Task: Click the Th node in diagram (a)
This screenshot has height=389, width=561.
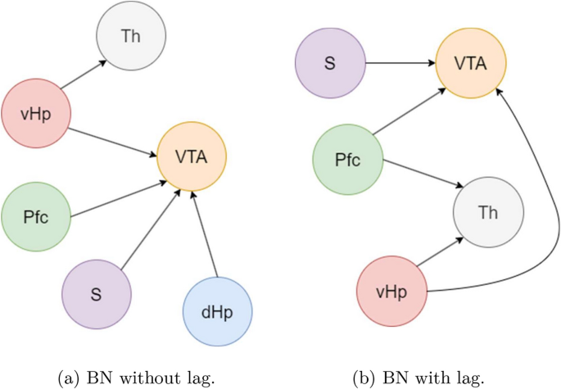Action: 130,36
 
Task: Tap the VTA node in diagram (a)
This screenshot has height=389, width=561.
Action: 192,156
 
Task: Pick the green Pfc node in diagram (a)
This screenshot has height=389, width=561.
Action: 36,218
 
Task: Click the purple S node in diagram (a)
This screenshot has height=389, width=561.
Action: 97,294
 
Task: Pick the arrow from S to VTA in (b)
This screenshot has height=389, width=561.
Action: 399,61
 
